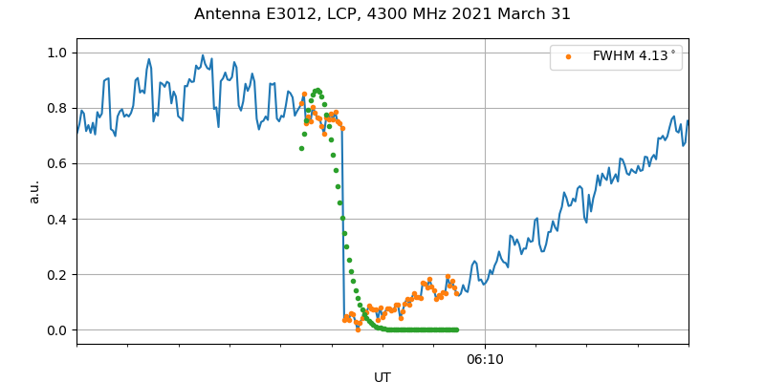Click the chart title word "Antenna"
pos(227,14)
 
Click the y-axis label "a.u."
pos(34,191)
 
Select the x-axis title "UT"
pos(382,377)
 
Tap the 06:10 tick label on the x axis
pos(485,360)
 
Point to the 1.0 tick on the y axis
pos(57,53)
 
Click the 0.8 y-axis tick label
pos(57,108)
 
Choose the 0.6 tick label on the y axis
pos(57,163)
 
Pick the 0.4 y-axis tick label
pos(57,219)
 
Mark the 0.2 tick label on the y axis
pos(57,274)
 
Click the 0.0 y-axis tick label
pos(57,330)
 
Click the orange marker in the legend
pos(568,56)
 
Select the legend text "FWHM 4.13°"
pos(634,56)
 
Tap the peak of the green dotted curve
pos(317,90)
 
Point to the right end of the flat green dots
pos(456,329)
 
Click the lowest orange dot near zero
pos(358,329)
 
